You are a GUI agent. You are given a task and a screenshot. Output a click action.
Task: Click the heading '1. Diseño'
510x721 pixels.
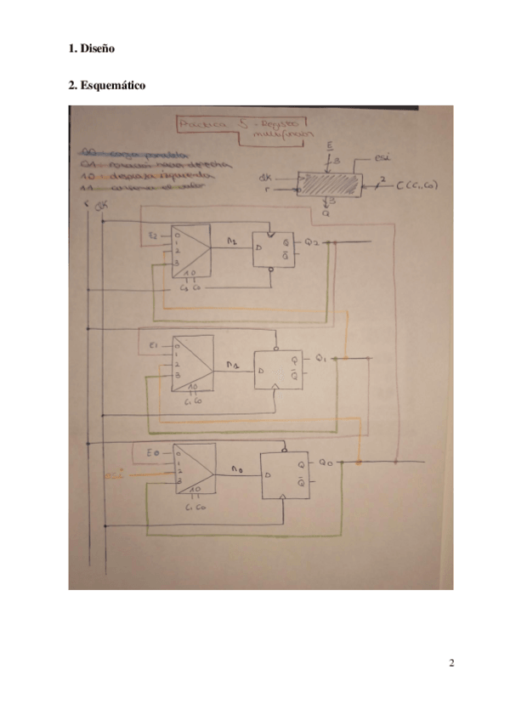(x=91, y=49)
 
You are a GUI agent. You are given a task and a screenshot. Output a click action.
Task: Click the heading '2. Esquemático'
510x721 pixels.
(x=106, y=86)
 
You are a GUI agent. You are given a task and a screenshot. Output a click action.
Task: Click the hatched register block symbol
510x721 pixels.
(x=328, y=185)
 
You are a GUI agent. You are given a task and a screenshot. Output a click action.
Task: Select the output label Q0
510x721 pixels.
(x=326, y=462)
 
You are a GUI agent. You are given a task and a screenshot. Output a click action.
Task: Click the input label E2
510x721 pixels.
(x=153, y=233)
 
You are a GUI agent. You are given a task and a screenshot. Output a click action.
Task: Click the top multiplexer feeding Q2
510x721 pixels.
(x=191, y=249)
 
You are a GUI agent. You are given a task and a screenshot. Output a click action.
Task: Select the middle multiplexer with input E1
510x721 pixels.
(x=192, y=362)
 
